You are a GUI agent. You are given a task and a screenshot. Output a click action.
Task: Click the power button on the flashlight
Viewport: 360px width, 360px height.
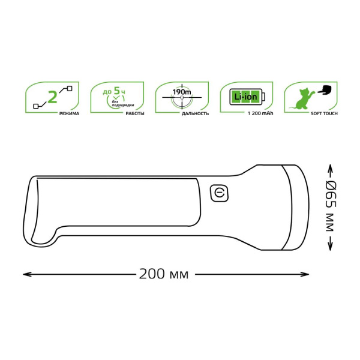point(220,193)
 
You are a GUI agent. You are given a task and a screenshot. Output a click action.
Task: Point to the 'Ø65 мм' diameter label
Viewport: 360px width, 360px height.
point(329,205)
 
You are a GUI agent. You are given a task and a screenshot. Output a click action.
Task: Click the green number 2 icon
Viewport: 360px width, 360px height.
point(52,97)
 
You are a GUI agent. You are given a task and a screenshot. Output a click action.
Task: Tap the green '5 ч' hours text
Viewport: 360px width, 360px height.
point(121,91)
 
